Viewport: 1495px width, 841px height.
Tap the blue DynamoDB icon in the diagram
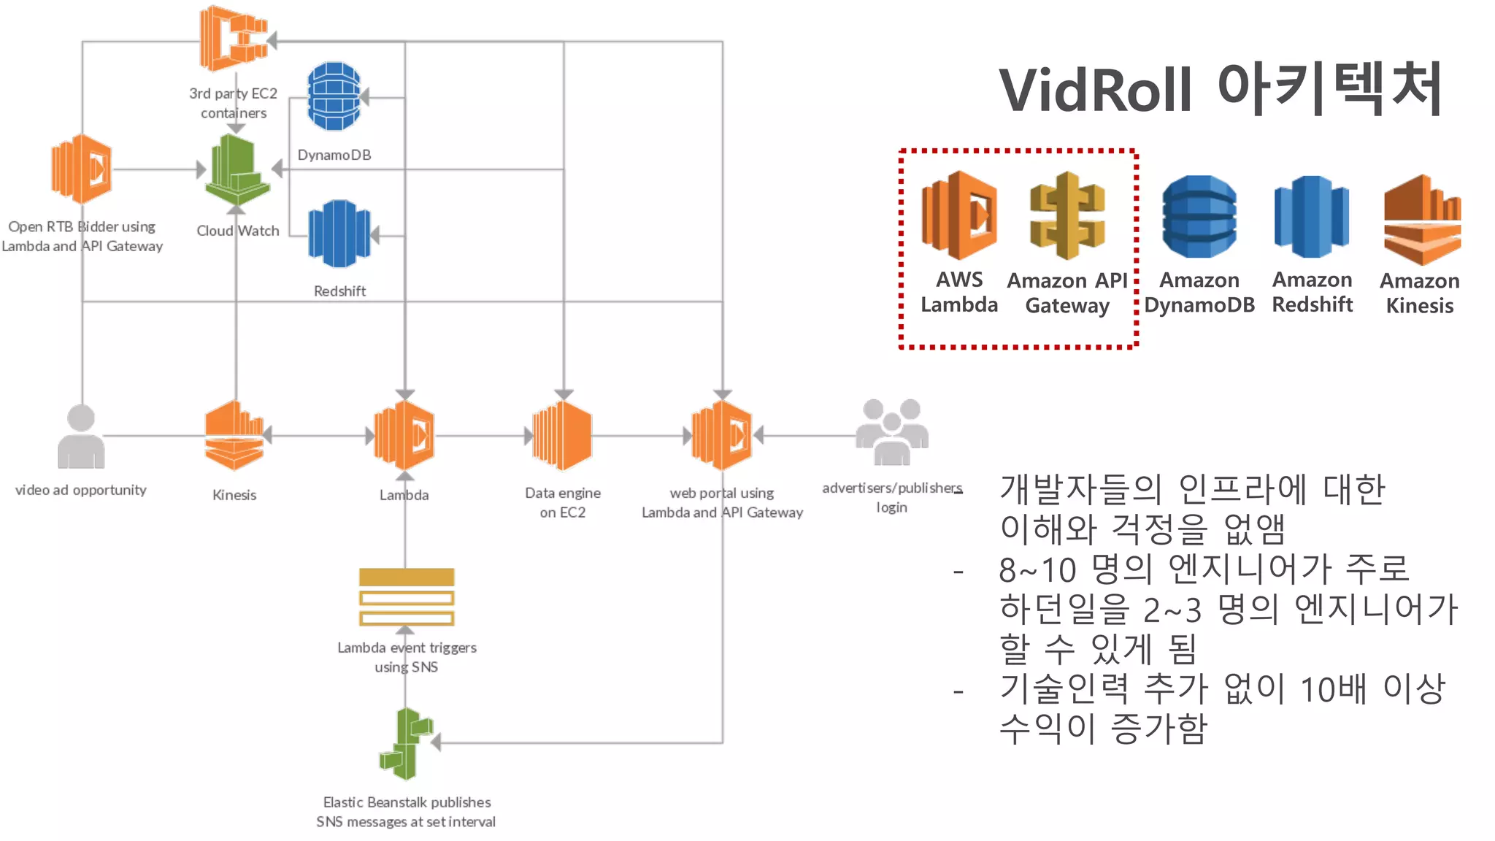[x=334, y=96]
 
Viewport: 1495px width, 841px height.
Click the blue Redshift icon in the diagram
[x=339, y=234]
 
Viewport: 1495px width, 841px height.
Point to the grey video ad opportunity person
[x=81, y=437]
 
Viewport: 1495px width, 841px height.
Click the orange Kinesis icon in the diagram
[x=234, y=436]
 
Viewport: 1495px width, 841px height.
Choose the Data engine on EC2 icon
[x=562, y=436]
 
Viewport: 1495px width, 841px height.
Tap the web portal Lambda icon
[x=722, y=436]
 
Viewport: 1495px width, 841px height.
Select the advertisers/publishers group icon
[x=892, y=432]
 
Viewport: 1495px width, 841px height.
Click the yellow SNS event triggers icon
[x=407, y=597]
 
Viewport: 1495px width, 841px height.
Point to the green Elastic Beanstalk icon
[x=407, y=744]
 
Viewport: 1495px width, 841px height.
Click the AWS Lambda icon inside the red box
[x=959, y=215]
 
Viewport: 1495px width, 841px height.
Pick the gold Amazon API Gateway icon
[x=1067, y=215]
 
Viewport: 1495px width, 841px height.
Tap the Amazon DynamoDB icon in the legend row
[x=1199, y=217]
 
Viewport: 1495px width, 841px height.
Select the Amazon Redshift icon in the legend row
[x=1312, y=217]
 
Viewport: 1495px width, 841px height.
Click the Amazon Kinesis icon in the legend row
[x=1422, y=220]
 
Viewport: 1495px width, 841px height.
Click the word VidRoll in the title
[x=1096, y=91]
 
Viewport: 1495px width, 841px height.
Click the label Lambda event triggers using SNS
[x=407, y=657]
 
